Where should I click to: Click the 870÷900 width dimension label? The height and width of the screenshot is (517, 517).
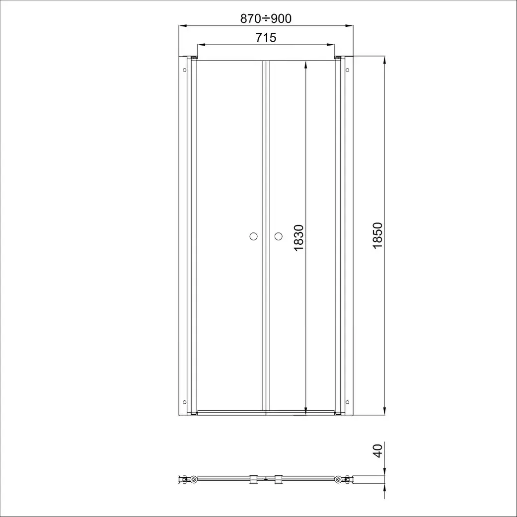click(x=266, y=18)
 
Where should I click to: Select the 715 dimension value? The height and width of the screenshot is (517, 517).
click(x=266, y=38)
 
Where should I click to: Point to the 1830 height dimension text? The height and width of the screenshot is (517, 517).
click(x=298, y=238)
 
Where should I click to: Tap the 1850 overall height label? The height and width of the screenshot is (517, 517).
click(x=377, y=235)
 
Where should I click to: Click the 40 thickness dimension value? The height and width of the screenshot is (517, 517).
click(x=377, y=451)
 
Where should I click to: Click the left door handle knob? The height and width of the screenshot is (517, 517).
click(x=254, y=236)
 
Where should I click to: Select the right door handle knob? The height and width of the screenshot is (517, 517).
click(x=278, y=236)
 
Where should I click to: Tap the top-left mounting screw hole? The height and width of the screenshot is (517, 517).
click(x=185, y=70)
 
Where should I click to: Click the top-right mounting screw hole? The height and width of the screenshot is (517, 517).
click(x=347, y=70)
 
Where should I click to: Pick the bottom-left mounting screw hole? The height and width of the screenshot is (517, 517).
click(x=185, y=402)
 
